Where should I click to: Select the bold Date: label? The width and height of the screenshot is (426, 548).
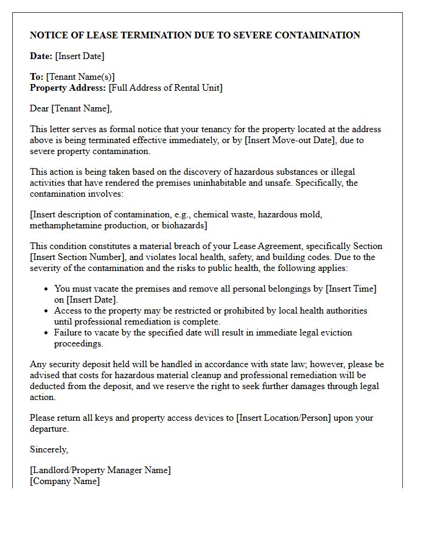(41, 56)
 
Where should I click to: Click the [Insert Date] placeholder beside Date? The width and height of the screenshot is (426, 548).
(80, 56)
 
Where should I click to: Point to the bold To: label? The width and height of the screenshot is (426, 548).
(37, 77)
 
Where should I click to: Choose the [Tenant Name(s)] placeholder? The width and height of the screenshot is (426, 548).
(80, 77)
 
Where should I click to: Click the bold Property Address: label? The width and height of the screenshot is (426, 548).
(68, 88)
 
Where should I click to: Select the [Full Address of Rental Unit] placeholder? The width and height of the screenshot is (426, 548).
(166, 88)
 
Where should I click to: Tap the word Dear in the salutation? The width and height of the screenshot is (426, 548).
(40, 108)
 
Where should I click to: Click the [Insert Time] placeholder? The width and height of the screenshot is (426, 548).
(345, 289)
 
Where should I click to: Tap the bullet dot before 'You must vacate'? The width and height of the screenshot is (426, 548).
(46, 289)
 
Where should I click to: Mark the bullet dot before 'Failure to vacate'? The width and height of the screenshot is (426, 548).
(46, 332)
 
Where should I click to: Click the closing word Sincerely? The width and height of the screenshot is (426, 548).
(49, 449)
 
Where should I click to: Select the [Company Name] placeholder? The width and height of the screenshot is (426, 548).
(65, 481)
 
